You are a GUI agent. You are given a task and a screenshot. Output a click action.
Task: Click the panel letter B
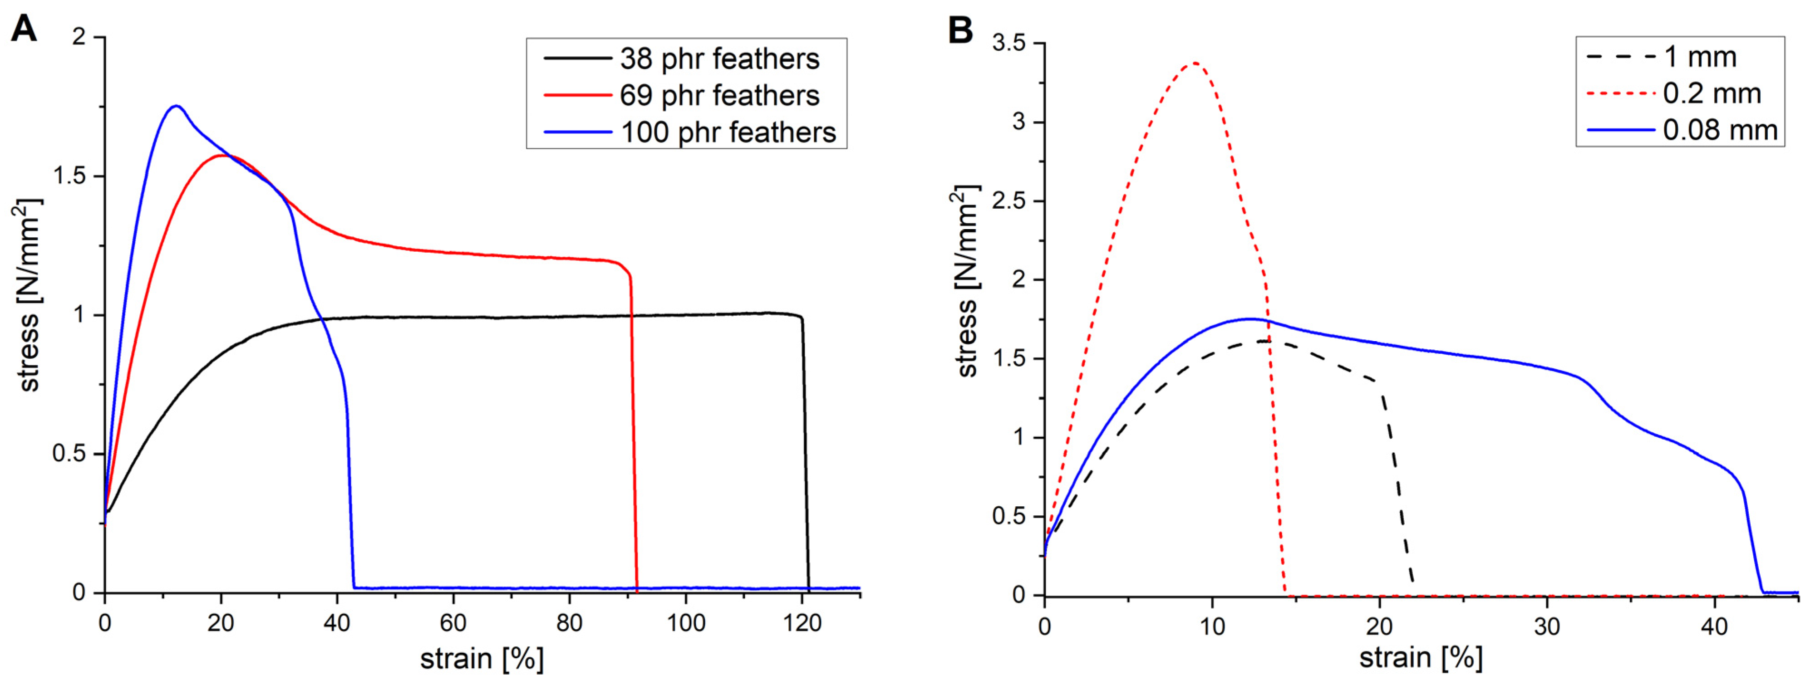(960, 29)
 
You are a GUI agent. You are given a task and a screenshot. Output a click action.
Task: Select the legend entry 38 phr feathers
(719, 59)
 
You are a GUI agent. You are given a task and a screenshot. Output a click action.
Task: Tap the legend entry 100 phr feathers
(728, 132)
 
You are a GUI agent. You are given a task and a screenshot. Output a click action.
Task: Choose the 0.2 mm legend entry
(1712, 93)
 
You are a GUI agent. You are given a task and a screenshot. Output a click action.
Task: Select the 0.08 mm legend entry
(1720, 130)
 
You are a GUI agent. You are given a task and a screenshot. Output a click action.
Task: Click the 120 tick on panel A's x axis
(802, 622)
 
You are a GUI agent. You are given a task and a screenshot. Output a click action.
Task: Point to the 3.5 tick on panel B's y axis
(1009, 44)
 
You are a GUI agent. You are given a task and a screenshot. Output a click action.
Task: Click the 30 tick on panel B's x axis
(1547, 625)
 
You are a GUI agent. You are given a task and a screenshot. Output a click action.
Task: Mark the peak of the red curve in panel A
(223, 155)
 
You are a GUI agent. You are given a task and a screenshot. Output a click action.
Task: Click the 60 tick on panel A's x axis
(453, 622)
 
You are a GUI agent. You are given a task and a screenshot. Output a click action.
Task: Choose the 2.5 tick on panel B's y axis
(1009, 201)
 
